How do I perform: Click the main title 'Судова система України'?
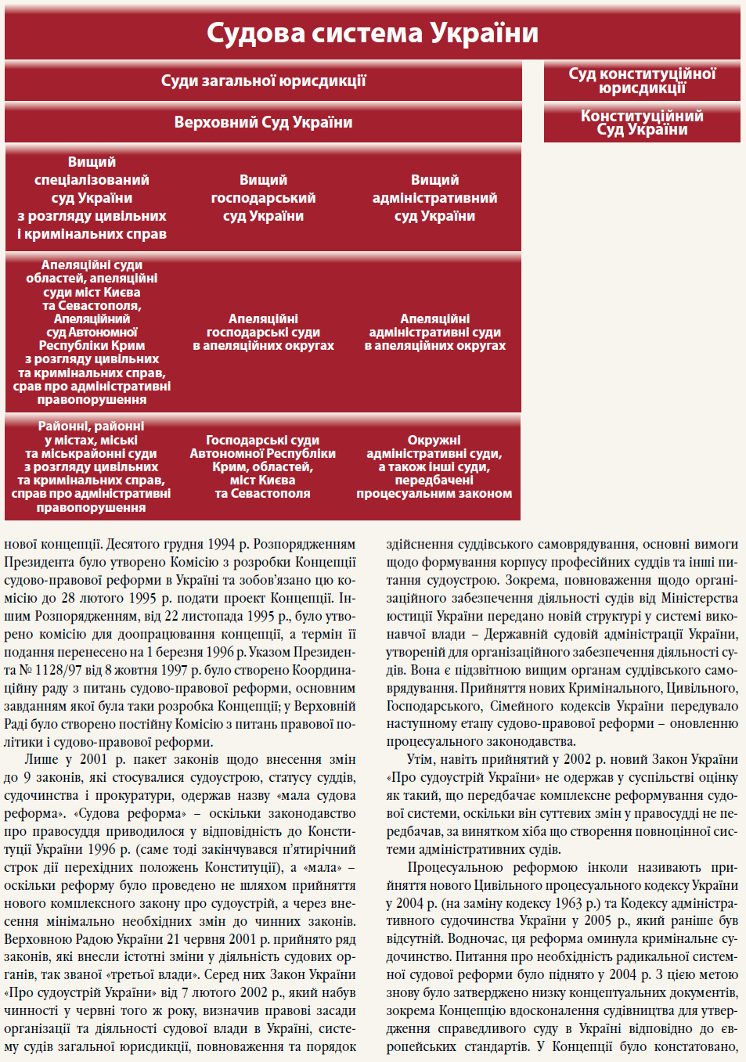(x=373, y=34)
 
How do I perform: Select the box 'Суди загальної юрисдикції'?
(x=263, y=81)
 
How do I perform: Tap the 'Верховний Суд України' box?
(x=263, y=123)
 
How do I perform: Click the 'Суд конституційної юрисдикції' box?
(x=642, y=81)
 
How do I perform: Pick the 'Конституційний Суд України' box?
(x=642, y=123)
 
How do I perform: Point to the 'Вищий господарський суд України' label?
(x=263, y=198)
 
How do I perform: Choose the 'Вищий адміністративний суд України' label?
(x=434, y=198)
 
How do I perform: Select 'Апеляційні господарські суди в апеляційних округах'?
(x=263, y=332)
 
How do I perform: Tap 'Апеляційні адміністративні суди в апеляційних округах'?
(x=434, y=332)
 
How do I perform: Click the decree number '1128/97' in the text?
(x=50, y=670)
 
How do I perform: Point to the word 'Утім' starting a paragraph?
(x=421, y=759)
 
